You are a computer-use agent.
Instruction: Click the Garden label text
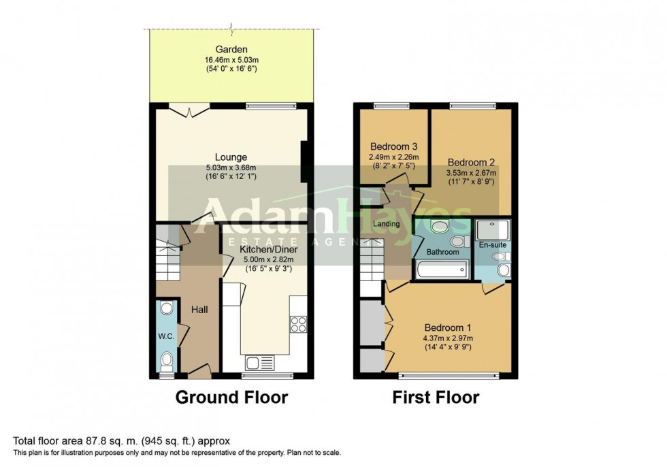click(x=231, y=50)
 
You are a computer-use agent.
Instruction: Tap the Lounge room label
click(x=231, y=157)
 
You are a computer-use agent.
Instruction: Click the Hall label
click(x=199, y=310)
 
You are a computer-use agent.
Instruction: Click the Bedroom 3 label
click(x=393, y=146)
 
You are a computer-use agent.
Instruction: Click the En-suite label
click(x=493, y=244)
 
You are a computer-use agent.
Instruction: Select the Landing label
click(x=387, y=224)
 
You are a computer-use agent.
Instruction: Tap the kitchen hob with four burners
click(x=298, y=324)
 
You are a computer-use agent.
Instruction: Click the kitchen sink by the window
click(x=261, y=362)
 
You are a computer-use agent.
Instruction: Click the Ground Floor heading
click(x=231, y=397)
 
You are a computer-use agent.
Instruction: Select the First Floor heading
click(x=436, y=397)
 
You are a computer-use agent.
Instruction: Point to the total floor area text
click(x=126, y=441)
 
